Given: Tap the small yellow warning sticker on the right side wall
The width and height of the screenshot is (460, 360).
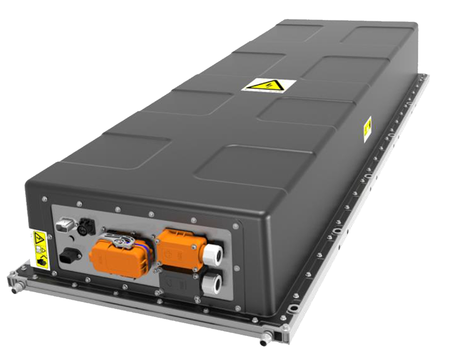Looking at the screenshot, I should (367, 129).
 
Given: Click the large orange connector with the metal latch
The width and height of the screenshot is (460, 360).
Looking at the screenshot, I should (117, 252).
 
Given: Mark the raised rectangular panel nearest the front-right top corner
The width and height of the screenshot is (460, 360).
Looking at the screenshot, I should (241, 170).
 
